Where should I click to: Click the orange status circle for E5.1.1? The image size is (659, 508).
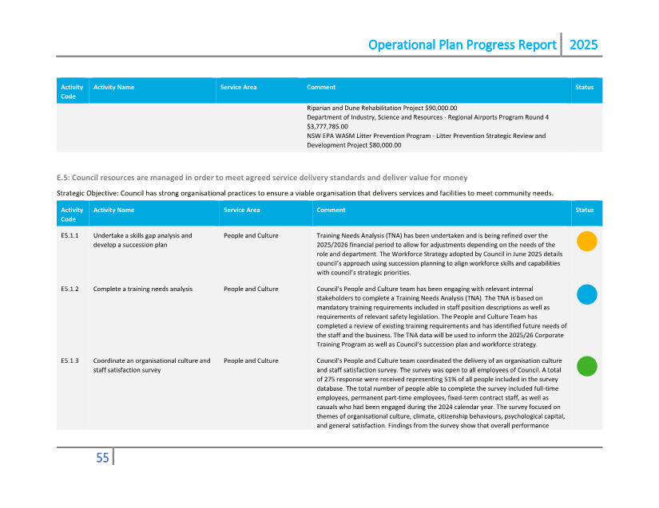click(x=586, y=241)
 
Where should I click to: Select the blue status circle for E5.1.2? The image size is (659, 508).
click(x=586, y=294)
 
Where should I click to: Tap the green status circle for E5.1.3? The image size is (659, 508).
click(x=586, y=366)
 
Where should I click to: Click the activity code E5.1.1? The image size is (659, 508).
click(x=69, y=236)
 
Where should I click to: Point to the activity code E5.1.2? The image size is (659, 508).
click(x=69, y=289)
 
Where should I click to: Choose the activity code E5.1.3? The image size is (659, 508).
click(x=69, y=361)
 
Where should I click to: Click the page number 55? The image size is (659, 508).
click(x=102, y=458)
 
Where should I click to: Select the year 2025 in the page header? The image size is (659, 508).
click(x=583, y=45)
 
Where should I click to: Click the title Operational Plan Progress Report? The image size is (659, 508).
click(x=462, y=45)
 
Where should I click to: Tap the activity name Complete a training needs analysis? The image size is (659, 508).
click(x=143, y=289)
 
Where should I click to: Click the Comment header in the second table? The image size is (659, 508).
click(x=331, y=210)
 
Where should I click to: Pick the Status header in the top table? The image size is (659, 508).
click(x=584, y=87)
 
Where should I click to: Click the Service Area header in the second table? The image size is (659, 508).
click(x=241, y=210)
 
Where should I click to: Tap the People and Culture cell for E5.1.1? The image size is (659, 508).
click(x=251, y=236)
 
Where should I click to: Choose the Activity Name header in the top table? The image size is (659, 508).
click(x=113, y=87)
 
